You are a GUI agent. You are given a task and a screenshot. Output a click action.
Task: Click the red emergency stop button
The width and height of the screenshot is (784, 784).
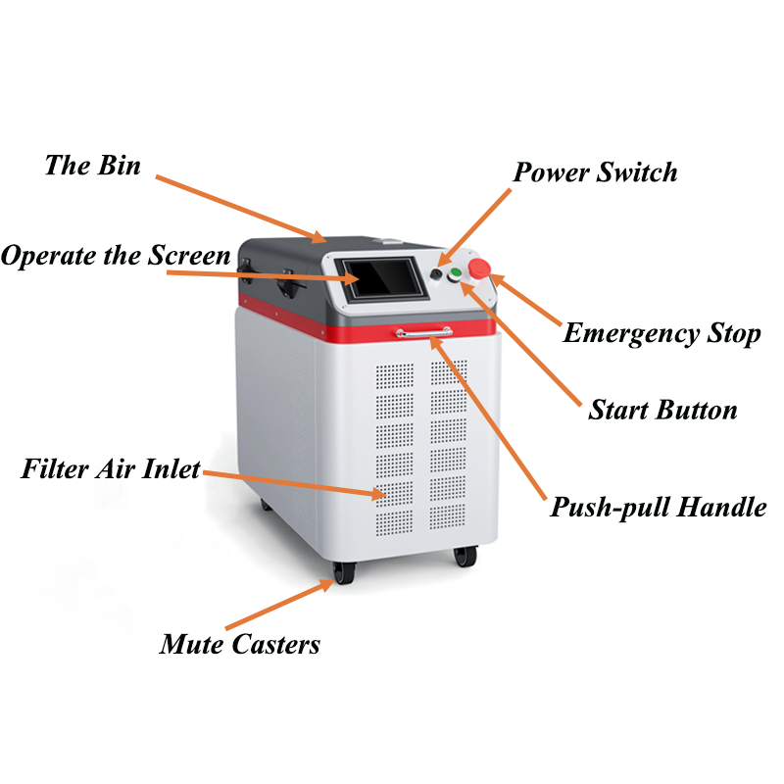(479, 269)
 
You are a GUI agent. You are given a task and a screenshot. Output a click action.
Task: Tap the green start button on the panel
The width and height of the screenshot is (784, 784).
(455, 274)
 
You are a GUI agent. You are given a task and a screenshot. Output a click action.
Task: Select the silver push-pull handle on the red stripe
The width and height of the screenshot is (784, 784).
(424, 332)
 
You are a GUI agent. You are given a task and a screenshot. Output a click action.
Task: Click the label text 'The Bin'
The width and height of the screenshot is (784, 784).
(92, 166)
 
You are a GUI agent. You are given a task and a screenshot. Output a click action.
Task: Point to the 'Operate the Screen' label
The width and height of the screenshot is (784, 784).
(116, 256)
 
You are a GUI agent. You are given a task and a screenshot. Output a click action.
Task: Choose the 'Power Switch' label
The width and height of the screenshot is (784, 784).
(595, 173)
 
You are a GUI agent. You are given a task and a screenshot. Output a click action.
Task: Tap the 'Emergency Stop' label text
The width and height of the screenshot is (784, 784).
(661, 334)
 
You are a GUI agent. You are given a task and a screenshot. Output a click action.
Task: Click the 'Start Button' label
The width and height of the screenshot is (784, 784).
(662, 410)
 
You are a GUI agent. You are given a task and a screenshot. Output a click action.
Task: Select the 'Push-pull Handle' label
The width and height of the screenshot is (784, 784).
(658, 508)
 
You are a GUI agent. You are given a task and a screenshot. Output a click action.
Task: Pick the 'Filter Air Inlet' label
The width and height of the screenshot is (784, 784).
(111, 469)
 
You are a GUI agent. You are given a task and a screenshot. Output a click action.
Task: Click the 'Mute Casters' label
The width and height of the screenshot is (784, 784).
(240, 644)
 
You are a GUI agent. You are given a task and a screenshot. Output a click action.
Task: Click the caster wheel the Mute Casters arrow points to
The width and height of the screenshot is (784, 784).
(344, 573)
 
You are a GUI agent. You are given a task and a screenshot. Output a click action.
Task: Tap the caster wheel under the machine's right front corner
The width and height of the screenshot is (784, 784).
(465, 556)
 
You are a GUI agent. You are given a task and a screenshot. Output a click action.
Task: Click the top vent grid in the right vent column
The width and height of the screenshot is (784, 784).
(449, 373)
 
